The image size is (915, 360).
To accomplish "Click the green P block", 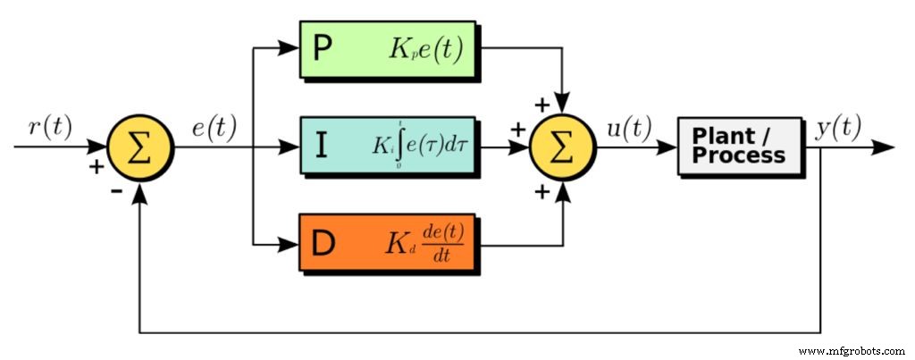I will [x=388, y=52].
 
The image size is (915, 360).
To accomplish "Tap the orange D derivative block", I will [x=388, y=241].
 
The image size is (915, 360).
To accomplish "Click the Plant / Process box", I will [x=739, y=145].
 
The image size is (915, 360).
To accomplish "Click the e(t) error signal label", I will [x=214, y=127].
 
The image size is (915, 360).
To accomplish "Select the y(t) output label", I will [x=838, y=127].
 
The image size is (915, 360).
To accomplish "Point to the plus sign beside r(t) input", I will [x=97, y=166].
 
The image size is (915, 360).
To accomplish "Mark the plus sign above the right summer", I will [x=541, y=105].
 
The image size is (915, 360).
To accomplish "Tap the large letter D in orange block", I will [x=324, y=241].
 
